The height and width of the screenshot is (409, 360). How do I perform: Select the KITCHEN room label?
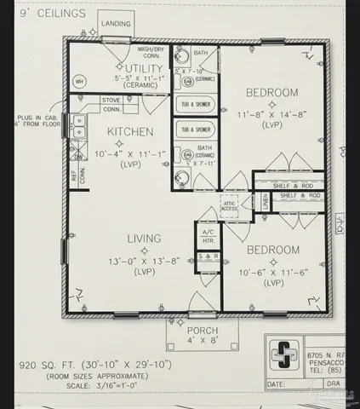coord(129,131)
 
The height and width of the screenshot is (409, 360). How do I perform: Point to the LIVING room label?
coord(144,239)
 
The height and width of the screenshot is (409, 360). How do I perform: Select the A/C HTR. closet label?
coord(207,236)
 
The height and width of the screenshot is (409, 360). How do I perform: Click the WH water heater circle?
coord(79,82)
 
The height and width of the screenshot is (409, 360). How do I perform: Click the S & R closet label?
coord(207,256)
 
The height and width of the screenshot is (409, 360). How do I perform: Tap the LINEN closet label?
coord(265,202)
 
